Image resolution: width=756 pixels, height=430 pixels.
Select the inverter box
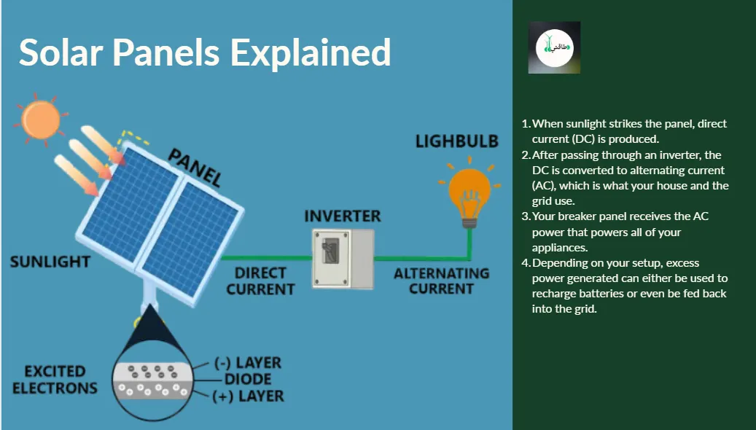pyautogui.click(x=343, y=259)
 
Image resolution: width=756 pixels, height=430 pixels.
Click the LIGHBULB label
pyautogui.click(x=456, y=141)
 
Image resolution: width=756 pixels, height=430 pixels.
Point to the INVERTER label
pyautogui.click(x=343, y=216)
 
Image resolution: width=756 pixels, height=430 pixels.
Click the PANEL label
pyautogui.click(x=195, y=168)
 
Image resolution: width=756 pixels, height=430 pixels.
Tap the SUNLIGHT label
pyautogui.click(x=50, y=262)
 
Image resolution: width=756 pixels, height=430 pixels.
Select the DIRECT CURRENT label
pyautogui.click(x=260, y=281)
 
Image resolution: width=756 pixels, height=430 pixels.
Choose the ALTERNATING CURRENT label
pyautogui.click(x=441, y=281)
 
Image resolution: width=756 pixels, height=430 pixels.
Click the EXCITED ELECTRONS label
pyautogui.click(x=55, y=380)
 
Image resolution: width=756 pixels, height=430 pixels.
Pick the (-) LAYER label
pyautogui.click(x=248, y=362)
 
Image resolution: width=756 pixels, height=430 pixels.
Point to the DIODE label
pyautogui.click(x=248, y=379)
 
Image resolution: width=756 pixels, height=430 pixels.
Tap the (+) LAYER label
pyautogui.click(x=249, y=396)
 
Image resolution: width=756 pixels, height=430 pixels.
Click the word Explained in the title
pyautogui.click(x=311, y=53)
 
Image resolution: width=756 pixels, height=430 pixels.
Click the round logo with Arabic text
pyautogui.click(x=555, y=47)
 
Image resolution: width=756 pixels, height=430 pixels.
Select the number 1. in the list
pyautogui.click(x=526, y=124)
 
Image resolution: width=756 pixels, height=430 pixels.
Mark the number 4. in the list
pyautogui.click(x=526, y=263)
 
